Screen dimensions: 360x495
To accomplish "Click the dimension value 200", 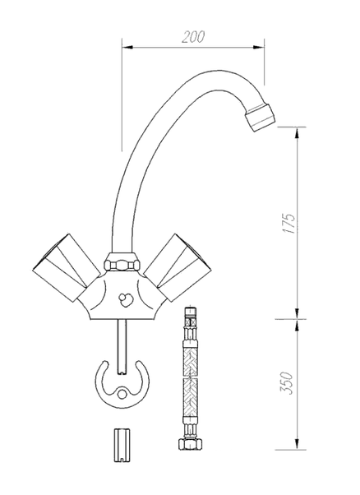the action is (193, 37).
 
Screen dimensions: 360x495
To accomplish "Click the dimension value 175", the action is (288, 224).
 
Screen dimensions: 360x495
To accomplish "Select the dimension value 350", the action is (287, 383).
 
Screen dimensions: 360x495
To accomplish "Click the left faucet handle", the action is (66, 268).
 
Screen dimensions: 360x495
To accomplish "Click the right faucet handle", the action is (179, 267).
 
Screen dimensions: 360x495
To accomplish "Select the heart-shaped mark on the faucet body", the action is (126, 298).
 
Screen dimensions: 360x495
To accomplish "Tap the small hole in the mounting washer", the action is (122, 394).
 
